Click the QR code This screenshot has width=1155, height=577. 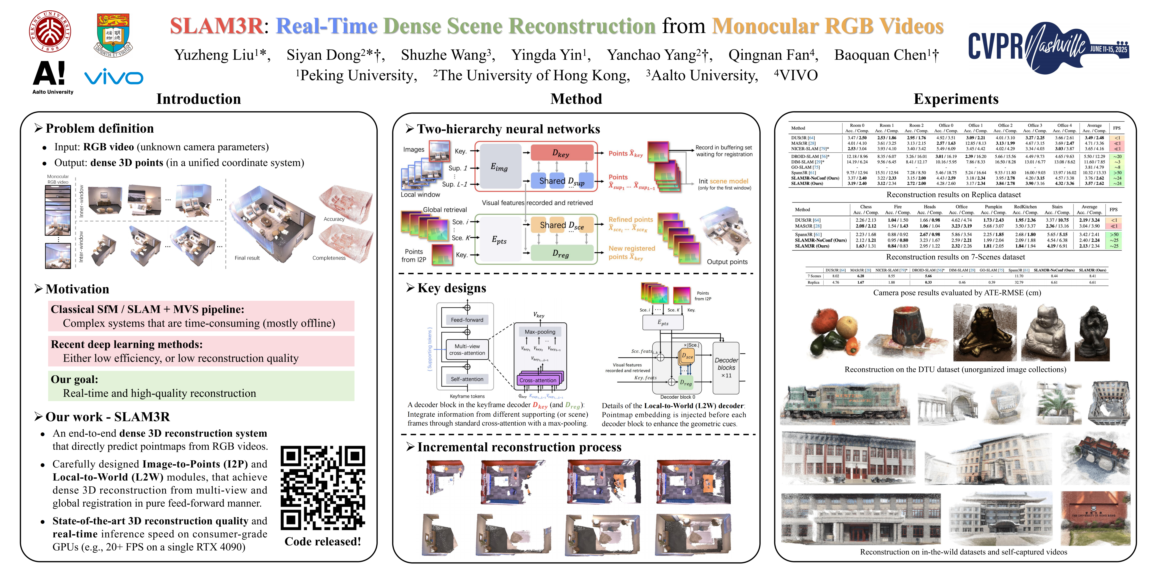click(323, 488)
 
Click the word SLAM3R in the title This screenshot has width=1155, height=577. click(216, 26)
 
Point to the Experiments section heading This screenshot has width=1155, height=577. click(956, 99)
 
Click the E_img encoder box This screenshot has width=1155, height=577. click(499, 167)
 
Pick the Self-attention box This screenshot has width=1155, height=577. click(467, 379)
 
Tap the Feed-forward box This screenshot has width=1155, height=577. click(467, 320)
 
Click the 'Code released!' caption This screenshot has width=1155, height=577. click(323, 542)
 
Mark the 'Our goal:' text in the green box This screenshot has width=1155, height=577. click(74, 379)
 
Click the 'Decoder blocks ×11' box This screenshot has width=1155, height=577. click(726, 368)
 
